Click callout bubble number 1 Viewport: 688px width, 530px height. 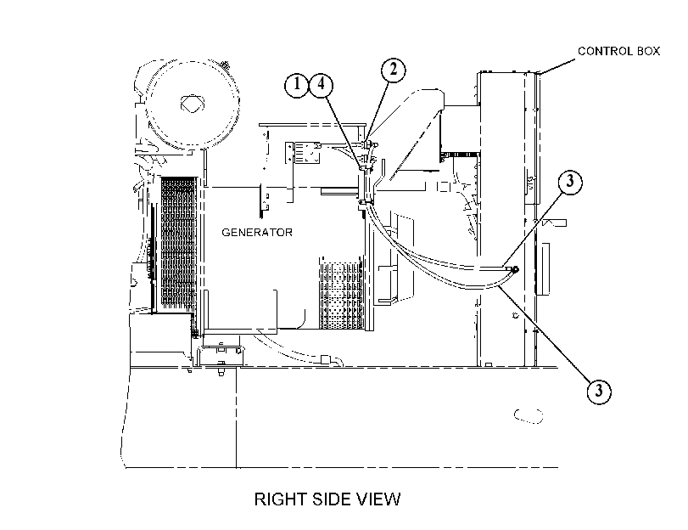point(297,85)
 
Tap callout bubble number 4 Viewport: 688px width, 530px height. point(322,84)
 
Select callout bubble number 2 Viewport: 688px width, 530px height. point(393,70)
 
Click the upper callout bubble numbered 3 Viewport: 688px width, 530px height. point(570,182)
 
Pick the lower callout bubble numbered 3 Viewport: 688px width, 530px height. point(599,391)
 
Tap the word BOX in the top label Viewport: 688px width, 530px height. point(648,52)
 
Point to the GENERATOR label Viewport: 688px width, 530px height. point(257,233)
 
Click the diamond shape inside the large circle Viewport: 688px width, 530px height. point(193,104)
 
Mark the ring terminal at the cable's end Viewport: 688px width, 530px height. point(516,269)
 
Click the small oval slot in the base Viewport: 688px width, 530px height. point(529,415)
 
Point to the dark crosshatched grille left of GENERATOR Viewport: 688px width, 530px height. point(178,243)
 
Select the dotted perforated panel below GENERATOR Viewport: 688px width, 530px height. point(341,296)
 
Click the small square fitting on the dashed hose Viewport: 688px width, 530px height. point(326,359)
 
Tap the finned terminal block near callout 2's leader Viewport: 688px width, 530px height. point(302,153)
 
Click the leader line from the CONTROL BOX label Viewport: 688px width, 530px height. point(557,66)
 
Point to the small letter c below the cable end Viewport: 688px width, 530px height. point(515,315)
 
